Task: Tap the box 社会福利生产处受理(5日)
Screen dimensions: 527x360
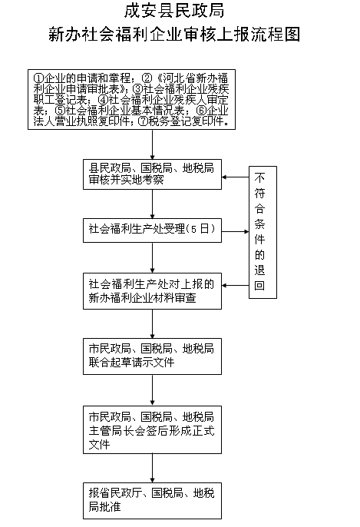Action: pyautogui.click(x=152, y=229)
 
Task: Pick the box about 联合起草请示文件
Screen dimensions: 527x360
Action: pyautogui.click(x=152, y=355)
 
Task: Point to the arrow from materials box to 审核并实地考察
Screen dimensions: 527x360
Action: pyautogui.click(x=152, y=145)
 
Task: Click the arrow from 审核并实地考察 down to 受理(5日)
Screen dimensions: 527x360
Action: pyautogui.click(x=152, y=204)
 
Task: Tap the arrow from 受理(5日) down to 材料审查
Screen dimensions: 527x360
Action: pyautogui.click(x=152, y=256)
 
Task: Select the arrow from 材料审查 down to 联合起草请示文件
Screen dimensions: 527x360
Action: pyautogui.click(x=152, y=323)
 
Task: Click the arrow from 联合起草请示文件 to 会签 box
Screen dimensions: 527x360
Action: pyautogui.click(x=152, y=389)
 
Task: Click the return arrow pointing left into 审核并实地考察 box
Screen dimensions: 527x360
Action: pyautogui.click(x=234, y=178)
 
